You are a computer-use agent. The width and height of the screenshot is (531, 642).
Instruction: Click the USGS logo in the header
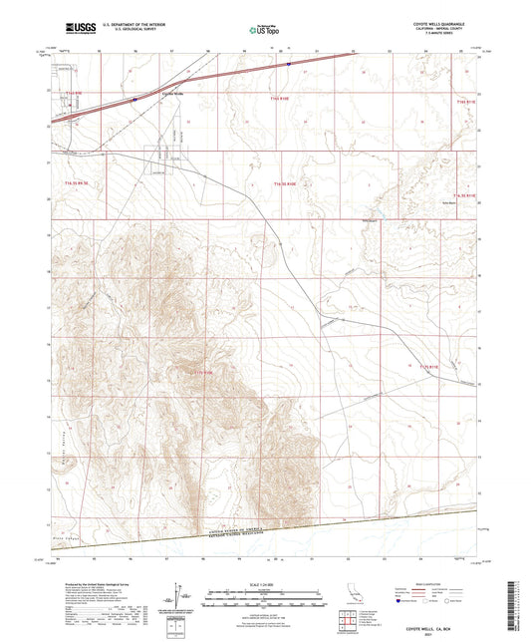pos(76,29)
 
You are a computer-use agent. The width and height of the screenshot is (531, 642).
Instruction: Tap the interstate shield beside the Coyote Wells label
pos(133,100)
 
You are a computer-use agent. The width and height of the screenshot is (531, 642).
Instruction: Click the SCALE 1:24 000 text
pos(266,583)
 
